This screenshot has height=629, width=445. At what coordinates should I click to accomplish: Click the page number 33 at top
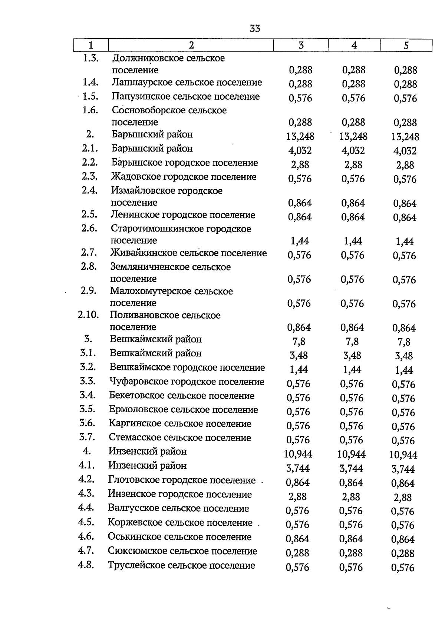pyautogui.click(x=255, y=29)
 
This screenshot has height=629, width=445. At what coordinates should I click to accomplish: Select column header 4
pyautogui.click(x=354, y=45)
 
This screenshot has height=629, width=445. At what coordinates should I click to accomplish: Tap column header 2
pyautogui.click(x=191, y=45)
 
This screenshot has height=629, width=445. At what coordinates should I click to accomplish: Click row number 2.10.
pyautogui.click(x=88, y=315)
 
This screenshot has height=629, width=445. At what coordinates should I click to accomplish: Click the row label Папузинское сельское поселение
pyautogui.click(x=186, y=96)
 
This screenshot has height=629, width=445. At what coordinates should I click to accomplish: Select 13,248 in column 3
pyautogui.click(x=300, y=136)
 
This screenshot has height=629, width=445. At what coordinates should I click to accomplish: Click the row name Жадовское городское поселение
pyautogui.click(x=184, y=177)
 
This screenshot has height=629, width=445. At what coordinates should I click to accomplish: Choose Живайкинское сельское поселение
pyautogui.click(x=188, y=253)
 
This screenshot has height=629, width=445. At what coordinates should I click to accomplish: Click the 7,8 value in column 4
pyautogui.click(x=352, y=341)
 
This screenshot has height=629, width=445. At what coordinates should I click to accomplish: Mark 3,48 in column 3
pyautogui.click(x=299, y=355)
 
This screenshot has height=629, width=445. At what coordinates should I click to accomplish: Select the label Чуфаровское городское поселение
pyautogui.click(x=187, y=382)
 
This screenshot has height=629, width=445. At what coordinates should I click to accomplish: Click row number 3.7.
pyautogui.click(x=87, y=437)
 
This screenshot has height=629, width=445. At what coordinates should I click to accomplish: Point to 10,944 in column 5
pyautogui.click(x=403, y=455)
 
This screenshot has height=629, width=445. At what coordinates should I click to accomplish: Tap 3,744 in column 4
pyautogui.click(x=351, y=469)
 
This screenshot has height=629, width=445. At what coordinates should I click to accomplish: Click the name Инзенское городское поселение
pyautogui.click(x=180, y=494)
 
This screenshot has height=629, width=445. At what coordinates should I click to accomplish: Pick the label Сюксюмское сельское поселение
pyautogui.click(x=182, y=551)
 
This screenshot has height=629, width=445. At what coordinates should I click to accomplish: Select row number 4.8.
pyautogui.click(x=86, y=565)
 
